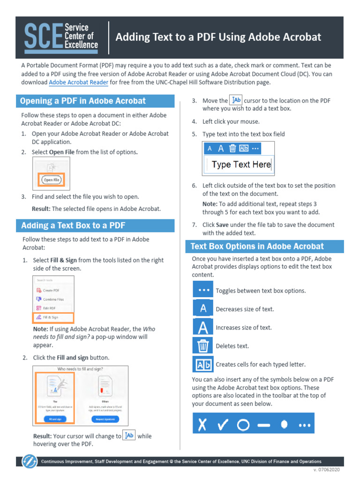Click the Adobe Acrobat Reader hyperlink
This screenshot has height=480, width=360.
[x=78, y=82]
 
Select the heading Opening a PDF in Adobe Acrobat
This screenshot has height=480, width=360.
[x=83, y=101]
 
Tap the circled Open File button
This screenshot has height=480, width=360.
[x=51, y=180]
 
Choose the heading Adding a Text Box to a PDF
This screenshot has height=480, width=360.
[x=73, y=225]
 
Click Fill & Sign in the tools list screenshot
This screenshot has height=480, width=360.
[x=51, y=317]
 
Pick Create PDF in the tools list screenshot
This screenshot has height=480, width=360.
[x=51, y=290]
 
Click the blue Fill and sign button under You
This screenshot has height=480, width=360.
[x=55, y=419]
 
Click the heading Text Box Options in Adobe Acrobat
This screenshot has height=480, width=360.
[x=257, y=247]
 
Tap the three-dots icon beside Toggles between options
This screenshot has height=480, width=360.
[x=203, y=290]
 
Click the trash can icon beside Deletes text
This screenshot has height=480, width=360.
[x=203, y=346]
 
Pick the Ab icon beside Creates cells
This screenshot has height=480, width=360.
[x=203, y=364]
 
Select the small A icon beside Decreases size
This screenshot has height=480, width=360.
[x=203, y=309]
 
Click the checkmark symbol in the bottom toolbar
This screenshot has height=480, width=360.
[x=223, y=425]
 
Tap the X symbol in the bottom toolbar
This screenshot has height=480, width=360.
[x=202, y=425]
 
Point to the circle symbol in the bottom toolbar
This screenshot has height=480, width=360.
[x=243, y=425]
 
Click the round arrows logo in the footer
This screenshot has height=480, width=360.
[x=30, y=461]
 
